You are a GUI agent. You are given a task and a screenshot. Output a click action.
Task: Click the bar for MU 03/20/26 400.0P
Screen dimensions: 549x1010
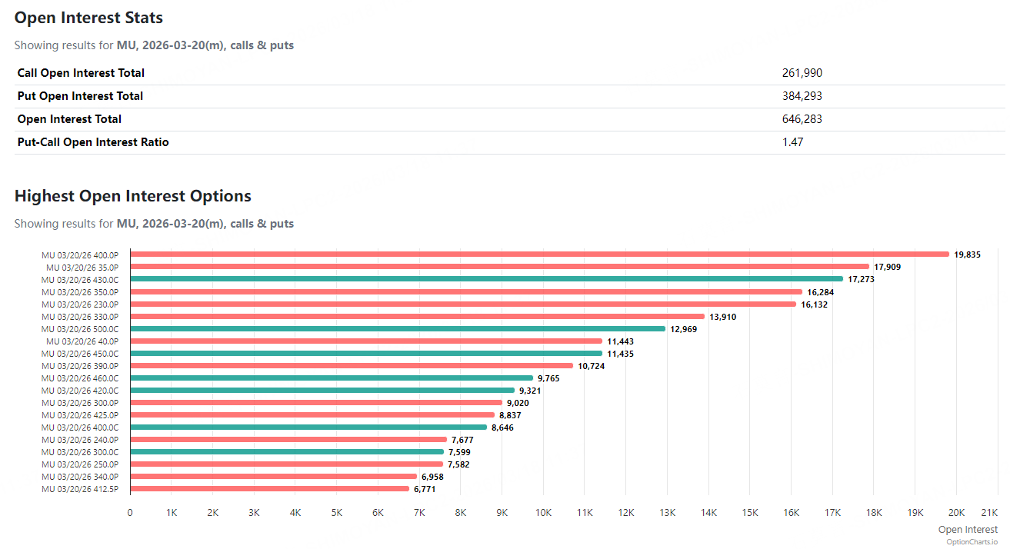click(538, 255)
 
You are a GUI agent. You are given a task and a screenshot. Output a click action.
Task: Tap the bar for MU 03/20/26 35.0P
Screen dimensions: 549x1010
click(500, 267)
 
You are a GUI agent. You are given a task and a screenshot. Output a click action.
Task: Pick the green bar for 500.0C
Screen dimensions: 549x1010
click(397, 328)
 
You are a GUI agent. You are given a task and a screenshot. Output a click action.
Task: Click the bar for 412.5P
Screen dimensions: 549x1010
click(269, 488)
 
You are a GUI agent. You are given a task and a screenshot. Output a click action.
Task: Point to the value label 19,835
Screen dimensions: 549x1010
click(967, 255)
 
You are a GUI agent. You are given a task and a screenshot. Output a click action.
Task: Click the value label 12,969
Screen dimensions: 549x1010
click(684, 328)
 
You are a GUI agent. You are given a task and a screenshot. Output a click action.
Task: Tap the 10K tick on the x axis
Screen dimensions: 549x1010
click(543, 512)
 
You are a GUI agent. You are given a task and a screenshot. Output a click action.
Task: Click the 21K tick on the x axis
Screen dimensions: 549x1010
click(989, 512)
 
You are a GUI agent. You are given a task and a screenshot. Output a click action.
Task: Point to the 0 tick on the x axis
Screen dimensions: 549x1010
click(130, 512)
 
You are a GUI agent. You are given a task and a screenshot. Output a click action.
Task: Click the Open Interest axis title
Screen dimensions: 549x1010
click(968, 529)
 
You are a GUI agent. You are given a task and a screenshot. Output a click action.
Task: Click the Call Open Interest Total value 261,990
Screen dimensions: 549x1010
click(802, 73)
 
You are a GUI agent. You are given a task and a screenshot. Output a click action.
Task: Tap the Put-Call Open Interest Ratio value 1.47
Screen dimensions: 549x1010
click(792, 142)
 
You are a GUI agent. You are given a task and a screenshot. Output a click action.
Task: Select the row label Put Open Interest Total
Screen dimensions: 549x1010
click(80, 96)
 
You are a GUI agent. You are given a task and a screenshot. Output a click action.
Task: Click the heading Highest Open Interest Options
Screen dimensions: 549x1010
click(132, 196)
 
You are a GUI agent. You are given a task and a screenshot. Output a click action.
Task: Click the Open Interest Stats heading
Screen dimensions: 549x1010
click(88, 18)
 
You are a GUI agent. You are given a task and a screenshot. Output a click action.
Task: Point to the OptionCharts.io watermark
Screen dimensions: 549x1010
click(972, 541)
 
